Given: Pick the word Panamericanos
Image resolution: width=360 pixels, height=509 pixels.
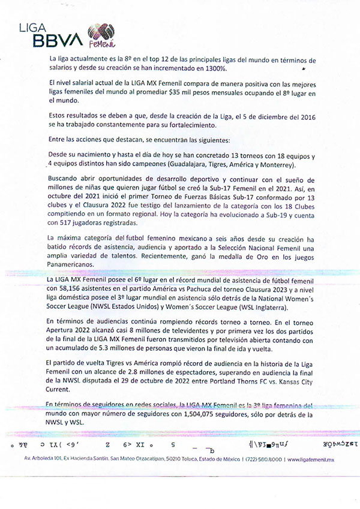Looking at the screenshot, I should [75, 265].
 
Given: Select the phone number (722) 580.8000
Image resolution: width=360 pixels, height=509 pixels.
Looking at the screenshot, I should [261, 459].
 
